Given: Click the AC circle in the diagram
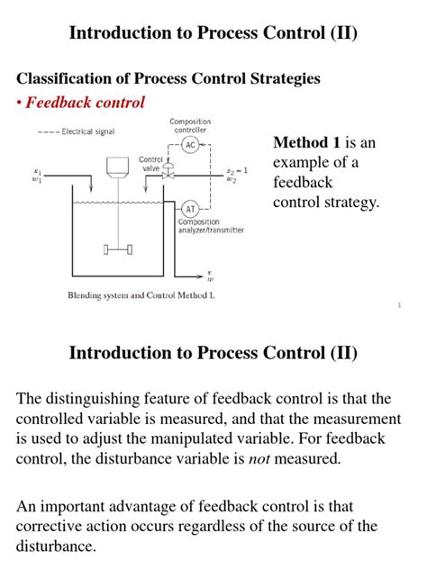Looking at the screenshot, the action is [190, 144].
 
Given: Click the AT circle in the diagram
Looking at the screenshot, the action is [190, 208].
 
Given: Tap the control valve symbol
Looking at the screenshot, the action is [168, 176].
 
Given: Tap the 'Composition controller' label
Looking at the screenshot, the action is [190, 125].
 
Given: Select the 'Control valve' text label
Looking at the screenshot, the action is [150, 163].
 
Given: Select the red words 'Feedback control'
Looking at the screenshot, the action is [85, 103].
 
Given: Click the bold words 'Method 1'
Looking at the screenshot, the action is [303, 143].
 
